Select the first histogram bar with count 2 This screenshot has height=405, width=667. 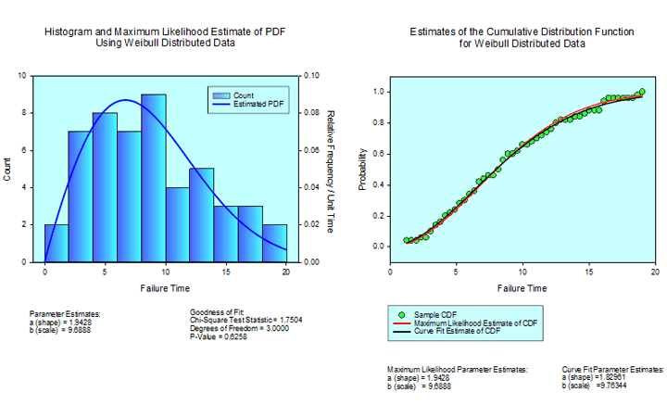coord(57,243)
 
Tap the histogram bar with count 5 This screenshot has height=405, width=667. coord(202,215)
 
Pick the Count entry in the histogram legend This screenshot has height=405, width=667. coord(243,95)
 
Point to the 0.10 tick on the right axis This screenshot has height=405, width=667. coord(312,76)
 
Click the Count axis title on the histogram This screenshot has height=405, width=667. coord(8,168)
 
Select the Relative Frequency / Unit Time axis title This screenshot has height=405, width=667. coord(330,168)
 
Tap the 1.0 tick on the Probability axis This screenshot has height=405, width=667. coord(378,92)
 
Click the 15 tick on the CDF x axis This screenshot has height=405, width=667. coord(589,271)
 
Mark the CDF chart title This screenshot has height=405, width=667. coord(522,37)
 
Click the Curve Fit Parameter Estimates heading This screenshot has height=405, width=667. coord(612,369)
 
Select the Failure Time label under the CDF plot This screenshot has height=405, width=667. coord(522,287)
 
